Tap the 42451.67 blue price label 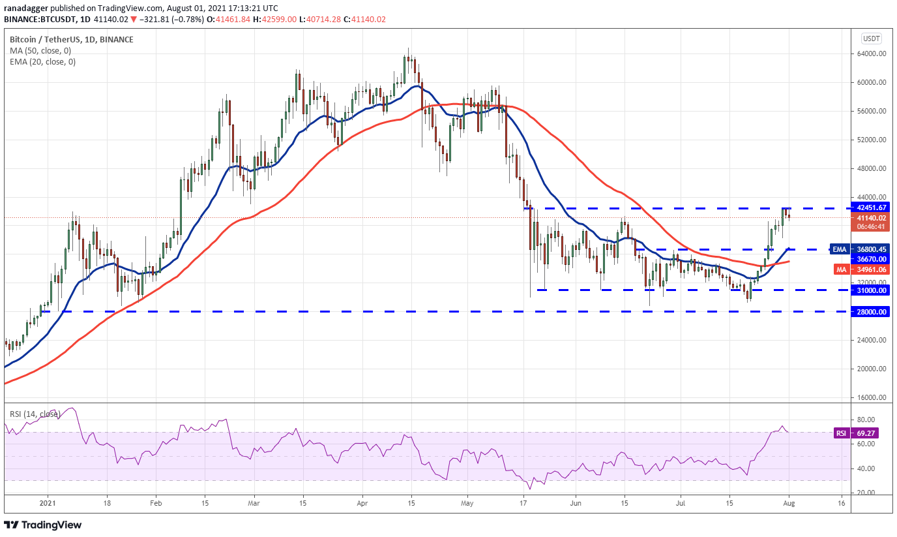(870, 207)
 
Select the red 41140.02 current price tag (870, 218)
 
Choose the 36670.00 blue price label (870, 258)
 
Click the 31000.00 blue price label (870, 290)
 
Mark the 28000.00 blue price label (870, 312)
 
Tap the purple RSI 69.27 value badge (870, 433)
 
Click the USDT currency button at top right (871, 38)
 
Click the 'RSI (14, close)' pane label (34, 413)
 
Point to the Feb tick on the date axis (155, 504)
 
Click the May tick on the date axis (466, 504)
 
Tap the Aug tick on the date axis (789, 504)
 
